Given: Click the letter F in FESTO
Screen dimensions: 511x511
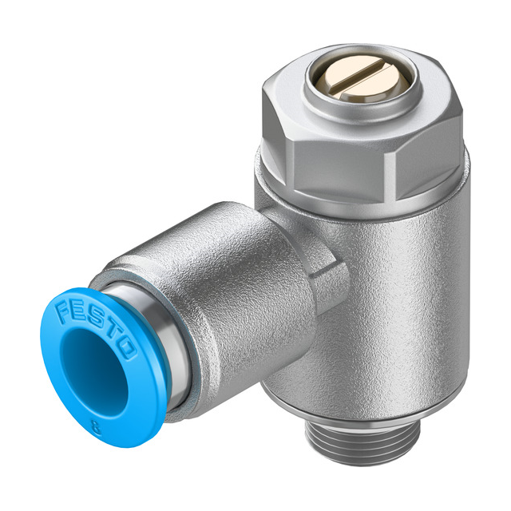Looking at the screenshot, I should point(65,307).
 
